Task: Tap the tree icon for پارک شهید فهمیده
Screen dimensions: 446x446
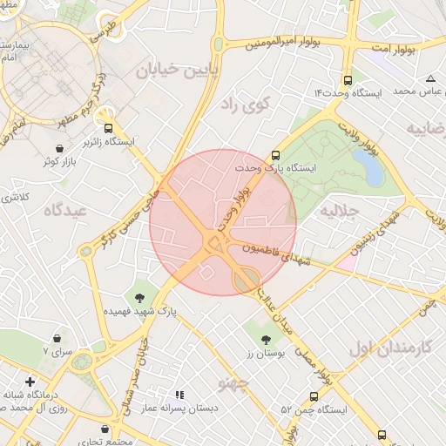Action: (139, 299)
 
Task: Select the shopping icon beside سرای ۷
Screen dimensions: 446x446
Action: (57, 337)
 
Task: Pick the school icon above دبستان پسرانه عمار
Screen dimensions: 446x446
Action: (179, 395)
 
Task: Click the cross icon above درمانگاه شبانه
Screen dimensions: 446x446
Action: (30, 382)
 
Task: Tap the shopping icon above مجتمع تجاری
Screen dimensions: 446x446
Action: (105, 429)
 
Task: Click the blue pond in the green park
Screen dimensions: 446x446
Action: (374, 171)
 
